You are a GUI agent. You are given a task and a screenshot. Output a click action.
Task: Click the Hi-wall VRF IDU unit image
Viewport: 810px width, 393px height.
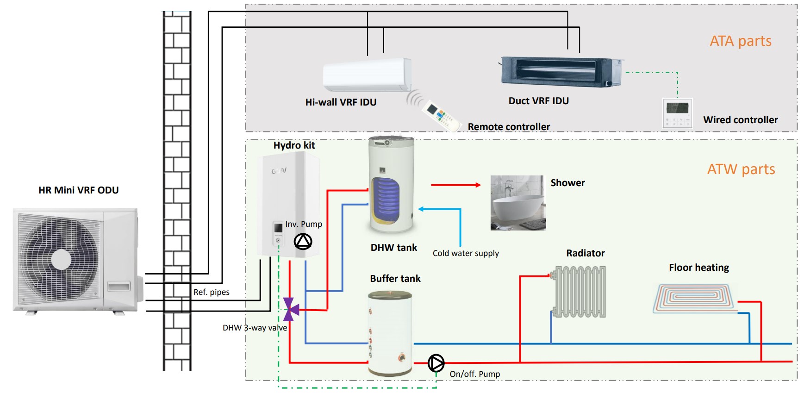click(x=367, y=75)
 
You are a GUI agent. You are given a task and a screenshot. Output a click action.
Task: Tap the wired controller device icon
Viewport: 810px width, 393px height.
click(x=677, y=113)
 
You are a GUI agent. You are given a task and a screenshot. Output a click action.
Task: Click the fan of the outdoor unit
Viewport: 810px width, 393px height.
click(x=61, y=259)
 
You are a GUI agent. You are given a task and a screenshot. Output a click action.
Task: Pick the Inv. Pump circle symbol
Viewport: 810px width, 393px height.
click(x=303, y=241)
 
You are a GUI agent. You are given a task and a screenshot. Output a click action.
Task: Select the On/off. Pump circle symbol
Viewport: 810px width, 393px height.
click(x=436, y=363)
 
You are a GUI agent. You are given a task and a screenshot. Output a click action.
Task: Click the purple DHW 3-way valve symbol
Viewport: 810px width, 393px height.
click(x=291, y=309)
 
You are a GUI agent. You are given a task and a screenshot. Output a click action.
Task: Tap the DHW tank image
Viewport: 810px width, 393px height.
click(x=392, y=185)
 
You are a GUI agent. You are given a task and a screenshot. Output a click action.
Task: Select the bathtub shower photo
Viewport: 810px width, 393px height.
click(x=518, y=203)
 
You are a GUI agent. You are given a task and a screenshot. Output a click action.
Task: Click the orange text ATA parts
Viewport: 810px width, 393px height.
click(x=741, y=41)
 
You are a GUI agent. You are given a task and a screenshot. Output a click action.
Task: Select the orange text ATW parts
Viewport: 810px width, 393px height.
click(x=741, y=169)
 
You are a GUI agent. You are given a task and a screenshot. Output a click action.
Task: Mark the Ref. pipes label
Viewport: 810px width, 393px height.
click(x=212, y=292)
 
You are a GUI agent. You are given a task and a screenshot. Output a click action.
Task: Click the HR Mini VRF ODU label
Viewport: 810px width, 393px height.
click(x=79, y=190)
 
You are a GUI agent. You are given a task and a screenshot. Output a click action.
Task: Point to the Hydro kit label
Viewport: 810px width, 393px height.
click(x=294, y=145)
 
